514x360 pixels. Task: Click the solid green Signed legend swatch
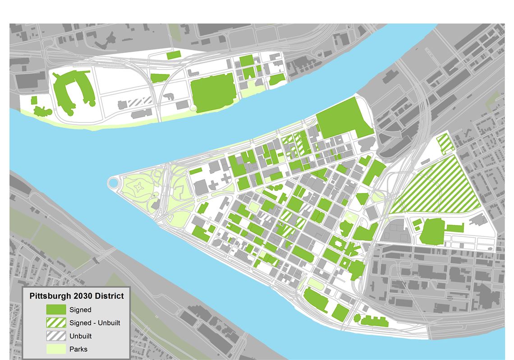(55, 310)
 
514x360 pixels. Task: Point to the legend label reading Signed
(80, 310)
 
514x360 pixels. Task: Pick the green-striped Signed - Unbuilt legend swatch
(55, 323)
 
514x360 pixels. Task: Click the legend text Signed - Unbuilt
(95, 323)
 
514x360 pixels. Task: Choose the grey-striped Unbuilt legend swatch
(55, 336)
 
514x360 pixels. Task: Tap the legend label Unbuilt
(82, 336)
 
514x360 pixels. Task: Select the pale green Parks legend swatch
(55, 349)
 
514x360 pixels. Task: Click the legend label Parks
(78, 349)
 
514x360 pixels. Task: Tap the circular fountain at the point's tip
(113, 183)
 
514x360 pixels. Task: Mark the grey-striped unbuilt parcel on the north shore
(140, 102)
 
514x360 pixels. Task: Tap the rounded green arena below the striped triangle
(432, 231)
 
